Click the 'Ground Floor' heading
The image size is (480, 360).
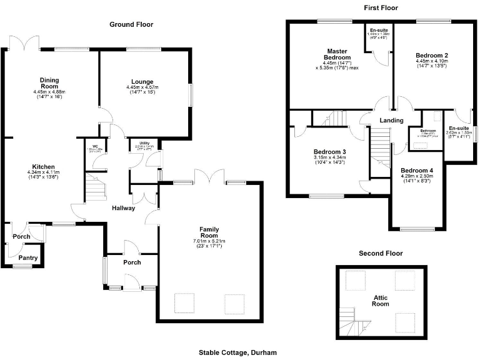coord(131,24)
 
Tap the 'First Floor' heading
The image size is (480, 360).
coord(381,8)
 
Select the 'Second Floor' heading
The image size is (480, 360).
coord(381,254)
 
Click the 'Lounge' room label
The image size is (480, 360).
coord(142,81)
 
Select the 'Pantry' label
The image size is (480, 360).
coord(27,257)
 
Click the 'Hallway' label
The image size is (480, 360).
coord(123,208)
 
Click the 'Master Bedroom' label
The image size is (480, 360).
coord(337,54)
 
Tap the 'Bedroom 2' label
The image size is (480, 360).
coord(432,56)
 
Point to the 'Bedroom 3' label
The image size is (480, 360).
coord(329,152)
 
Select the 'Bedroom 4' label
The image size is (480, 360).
coord(416,171)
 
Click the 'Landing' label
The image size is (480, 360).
coord(392,121)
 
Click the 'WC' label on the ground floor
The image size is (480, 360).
coord(95,146)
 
